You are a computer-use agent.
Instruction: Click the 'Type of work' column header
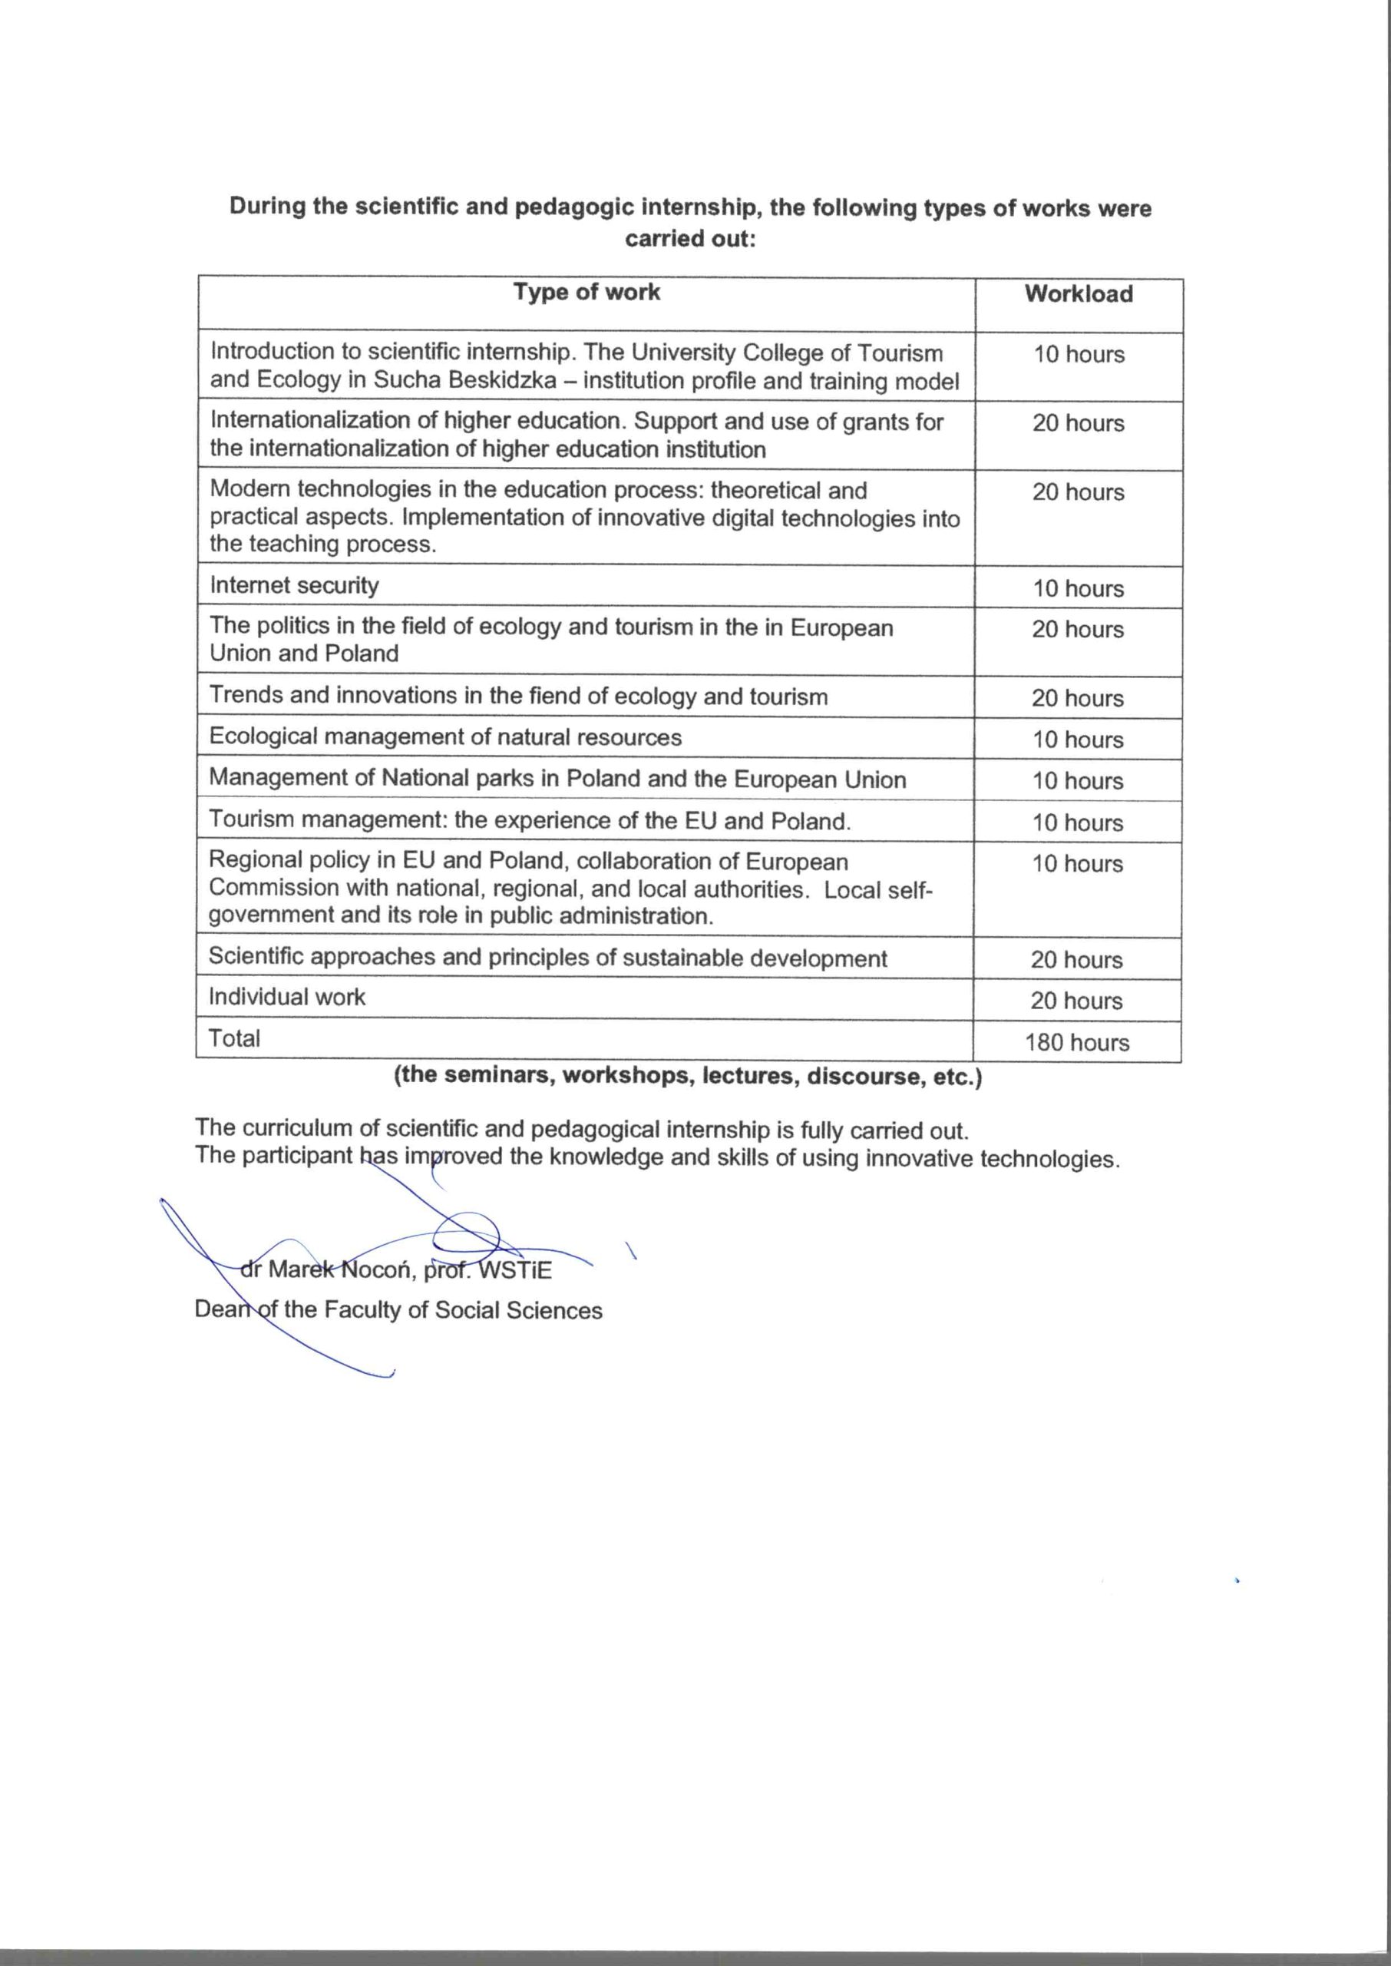(x=586, y=293)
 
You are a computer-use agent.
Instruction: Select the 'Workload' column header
(x=1079, y=295)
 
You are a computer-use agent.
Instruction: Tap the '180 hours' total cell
(x=1077, y=1043)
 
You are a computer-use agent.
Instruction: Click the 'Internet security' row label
(x=294, y=586)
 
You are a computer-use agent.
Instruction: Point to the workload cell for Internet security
(x=1078, y=588)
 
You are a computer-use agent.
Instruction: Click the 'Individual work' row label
(x=287, y=997)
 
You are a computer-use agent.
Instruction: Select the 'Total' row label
(x=234, y=1038)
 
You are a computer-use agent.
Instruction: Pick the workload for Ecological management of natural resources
(x=1078, y=740)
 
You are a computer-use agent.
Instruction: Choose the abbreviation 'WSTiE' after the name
(x=515, y=1269)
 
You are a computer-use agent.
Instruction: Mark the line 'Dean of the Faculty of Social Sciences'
(x=398, y=1310)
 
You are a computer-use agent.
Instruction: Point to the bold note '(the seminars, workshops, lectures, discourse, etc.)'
(x=688, y=1076)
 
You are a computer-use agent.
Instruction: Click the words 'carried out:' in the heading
(x=690, y=238)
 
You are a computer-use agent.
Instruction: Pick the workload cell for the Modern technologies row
(x=1078, y=492)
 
